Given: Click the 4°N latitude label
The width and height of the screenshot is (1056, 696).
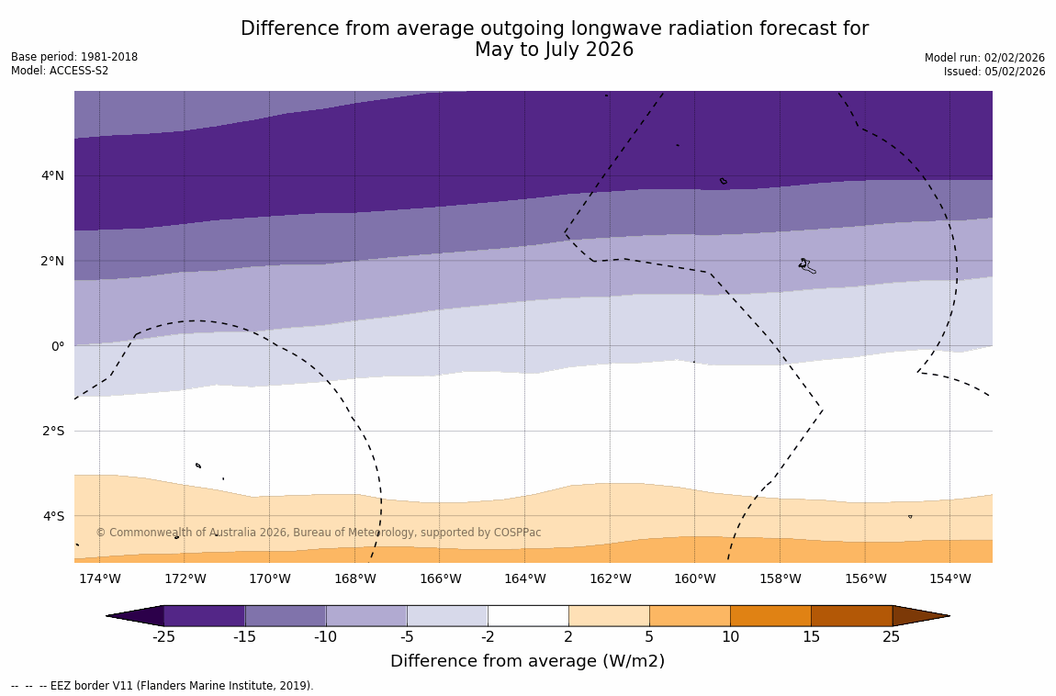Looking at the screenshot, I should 51,175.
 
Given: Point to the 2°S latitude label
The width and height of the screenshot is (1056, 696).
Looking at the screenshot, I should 51,431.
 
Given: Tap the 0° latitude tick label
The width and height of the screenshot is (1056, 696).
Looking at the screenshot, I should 57,346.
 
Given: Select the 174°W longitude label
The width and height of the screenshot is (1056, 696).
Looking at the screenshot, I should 99,578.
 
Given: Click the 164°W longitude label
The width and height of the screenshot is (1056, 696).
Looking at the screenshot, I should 524,578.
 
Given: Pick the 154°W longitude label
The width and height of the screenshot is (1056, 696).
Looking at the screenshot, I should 949,578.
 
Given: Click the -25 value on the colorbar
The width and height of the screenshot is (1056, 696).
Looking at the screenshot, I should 163,637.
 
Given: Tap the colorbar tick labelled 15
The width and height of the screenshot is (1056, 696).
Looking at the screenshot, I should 811,637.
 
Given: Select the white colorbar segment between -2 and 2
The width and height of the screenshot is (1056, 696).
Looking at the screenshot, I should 528,615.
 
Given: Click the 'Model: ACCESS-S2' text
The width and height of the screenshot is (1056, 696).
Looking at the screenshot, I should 60,71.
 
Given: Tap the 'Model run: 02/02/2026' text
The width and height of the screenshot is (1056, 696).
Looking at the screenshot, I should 984,57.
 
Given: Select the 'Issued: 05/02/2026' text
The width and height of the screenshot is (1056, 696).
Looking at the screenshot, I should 994,72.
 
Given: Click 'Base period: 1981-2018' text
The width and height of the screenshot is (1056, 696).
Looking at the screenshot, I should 74,57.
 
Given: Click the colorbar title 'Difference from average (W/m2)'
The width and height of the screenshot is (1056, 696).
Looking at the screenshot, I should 527,661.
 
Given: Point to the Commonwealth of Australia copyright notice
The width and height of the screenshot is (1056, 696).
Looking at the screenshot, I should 319,533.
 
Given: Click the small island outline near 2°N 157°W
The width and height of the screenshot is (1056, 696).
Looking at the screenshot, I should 805,265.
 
